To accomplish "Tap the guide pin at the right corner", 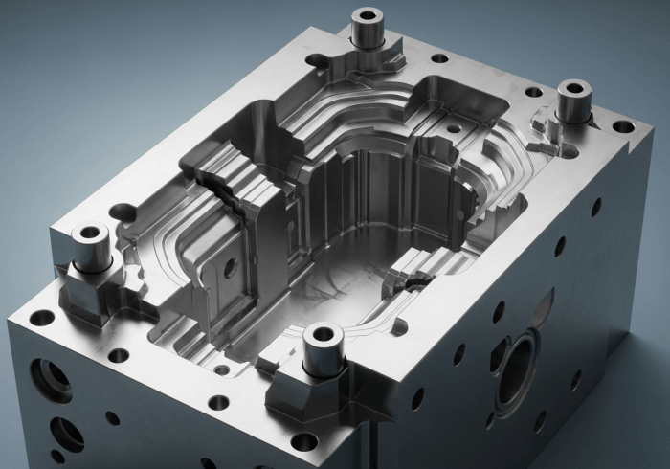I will click(574, 100).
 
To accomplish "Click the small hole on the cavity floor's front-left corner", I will click(222, 369).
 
